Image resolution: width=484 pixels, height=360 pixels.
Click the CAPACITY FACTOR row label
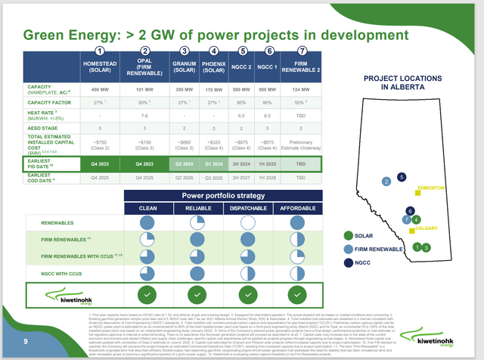[x=41, y=102]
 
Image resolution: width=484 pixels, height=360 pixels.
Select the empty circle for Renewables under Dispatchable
[x=247, y=222]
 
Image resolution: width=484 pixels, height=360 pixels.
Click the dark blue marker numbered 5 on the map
[x=402, y=177]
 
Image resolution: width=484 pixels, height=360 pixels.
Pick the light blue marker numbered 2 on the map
[x=386, y=182]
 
